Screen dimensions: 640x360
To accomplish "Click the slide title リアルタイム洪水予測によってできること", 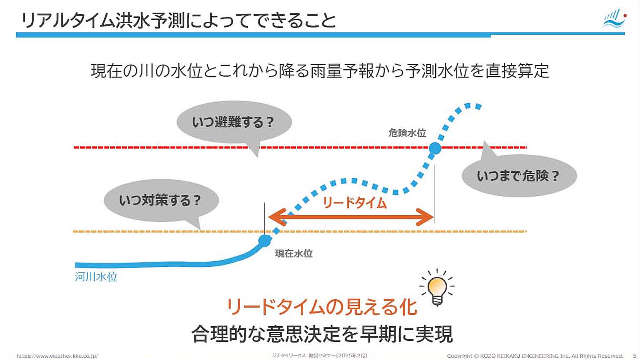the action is tap(178, 21).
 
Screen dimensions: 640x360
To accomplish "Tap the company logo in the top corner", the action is tap(615, 18).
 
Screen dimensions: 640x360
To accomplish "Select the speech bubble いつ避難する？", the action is tap(234, 122).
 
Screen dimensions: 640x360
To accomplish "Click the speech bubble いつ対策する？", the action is tap(161, 201).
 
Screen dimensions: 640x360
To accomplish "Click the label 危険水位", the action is tap(407, 133).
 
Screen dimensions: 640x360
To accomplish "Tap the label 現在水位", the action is tap(294, 253).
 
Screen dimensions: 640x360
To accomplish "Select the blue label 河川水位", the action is tap(96, 277).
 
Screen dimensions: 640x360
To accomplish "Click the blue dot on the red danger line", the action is tap(435, 148).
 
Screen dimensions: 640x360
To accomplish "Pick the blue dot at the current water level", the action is tap(265, 241).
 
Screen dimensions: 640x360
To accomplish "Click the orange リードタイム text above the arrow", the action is tap(354, 203).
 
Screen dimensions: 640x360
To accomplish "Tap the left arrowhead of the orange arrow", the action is tap(277, 217).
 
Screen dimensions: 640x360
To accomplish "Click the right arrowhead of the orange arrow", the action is tap(425, 217).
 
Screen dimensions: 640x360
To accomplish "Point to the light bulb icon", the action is tap(437, 288).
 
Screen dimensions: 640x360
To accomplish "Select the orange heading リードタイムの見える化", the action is tap(322, 307).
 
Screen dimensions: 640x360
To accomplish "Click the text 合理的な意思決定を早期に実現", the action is tap(322, 334).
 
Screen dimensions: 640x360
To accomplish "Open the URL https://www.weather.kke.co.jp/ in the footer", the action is tap(57, 356).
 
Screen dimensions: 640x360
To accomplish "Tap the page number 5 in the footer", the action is tap(635, 356).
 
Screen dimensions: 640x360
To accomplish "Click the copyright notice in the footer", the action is tap(535, 356).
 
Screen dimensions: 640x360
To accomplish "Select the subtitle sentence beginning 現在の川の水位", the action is tap(320, 71).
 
